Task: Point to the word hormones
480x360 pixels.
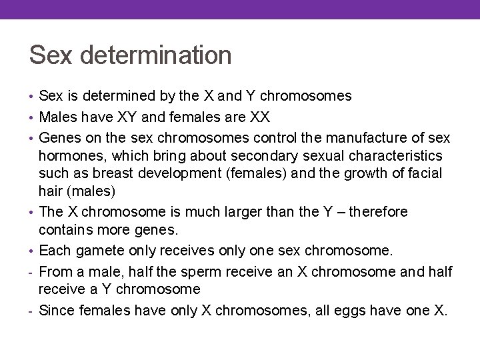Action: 69,155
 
